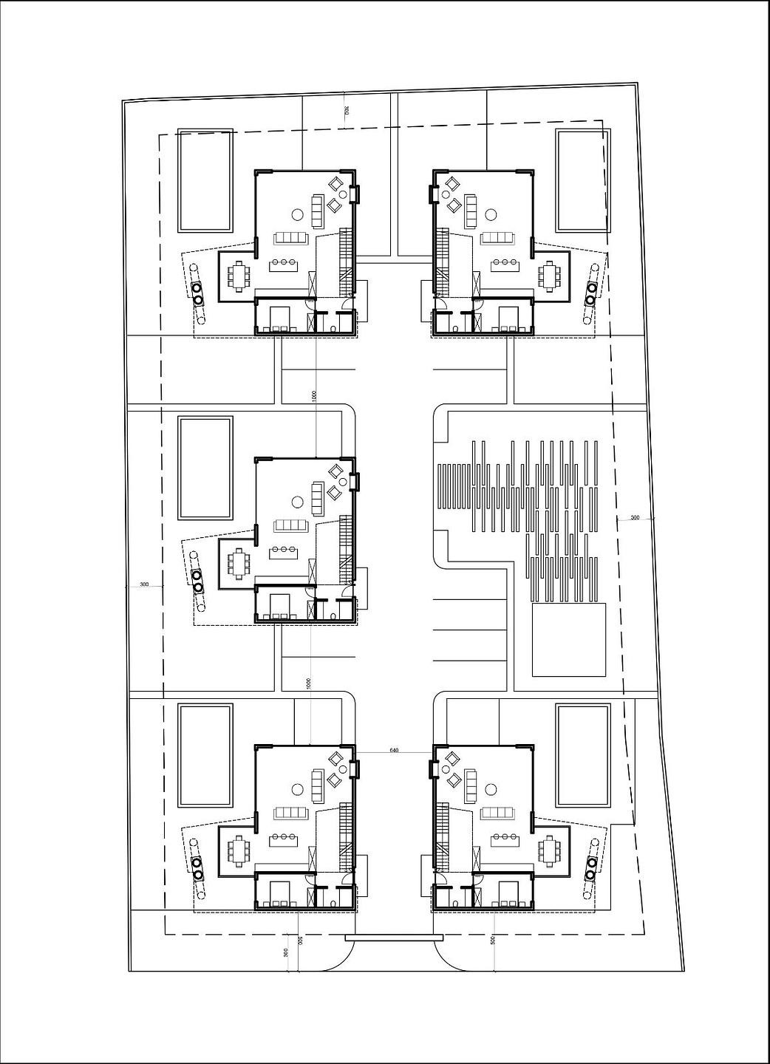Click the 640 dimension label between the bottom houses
pos(393,750)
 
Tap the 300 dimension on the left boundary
pos(144,584)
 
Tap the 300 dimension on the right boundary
pos(635,518)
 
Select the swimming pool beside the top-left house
pos(205,180)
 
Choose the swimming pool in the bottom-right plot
pos(583,754)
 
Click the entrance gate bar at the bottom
pos(393,938)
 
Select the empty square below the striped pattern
pos(569,640)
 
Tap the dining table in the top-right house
pos(550,276)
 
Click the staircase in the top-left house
pos(345,262)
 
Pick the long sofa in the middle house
pos(290,525)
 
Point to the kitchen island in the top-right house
pos(505,262)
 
